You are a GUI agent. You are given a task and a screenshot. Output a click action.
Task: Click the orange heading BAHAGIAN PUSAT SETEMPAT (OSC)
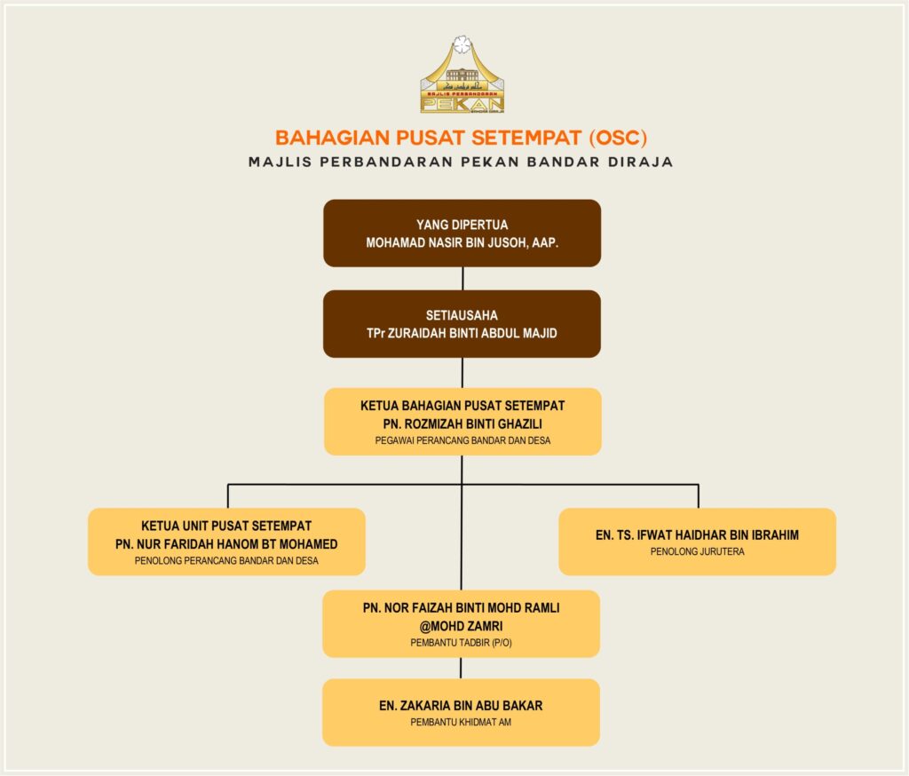[462, 138]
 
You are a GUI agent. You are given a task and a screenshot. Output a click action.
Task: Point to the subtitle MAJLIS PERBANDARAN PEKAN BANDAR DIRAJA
[462, 162]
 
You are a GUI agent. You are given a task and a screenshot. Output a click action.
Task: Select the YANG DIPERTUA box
[462, 233]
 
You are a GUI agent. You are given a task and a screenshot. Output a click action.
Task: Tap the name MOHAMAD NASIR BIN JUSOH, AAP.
[462, 242]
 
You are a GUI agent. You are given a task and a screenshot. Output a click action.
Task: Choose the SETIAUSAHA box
[462, 323]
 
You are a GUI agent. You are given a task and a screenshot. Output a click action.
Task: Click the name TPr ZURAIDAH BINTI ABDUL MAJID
[462, 332]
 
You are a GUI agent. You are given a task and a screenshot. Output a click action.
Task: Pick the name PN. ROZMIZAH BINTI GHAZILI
[462, 422]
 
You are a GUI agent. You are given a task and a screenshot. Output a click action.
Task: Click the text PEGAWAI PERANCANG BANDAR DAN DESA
[462, 439]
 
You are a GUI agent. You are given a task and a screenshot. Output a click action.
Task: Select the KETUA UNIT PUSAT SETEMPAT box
[226, 542]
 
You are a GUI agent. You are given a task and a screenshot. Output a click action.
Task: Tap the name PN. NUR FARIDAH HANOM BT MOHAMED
[226, 543]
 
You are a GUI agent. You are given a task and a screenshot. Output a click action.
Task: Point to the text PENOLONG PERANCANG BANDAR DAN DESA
[226, 561]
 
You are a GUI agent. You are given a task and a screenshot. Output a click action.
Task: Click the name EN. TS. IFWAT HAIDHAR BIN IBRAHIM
[697, 534]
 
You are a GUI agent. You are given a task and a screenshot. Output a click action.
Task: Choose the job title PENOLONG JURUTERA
[697, 551]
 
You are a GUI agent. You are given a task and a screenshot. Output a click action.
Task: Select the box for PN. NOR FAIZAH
[461, 623]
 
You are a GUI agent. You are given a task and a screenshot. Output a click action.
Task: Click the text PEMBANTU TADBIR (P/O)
[461, 642]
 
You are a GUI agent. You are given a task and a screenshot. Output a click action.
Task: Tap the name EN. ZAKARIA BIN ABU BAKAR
[461, 706]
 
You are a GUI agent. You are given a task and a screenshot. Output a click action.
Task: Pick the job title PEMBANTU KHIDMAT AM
[461, 723]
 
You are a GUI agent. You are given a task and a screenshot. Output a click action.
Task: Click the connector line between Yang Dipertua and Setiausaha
[462, 278]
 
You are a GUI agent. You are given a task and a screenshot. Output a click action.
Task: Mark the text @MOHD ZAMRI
[461, 625]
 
